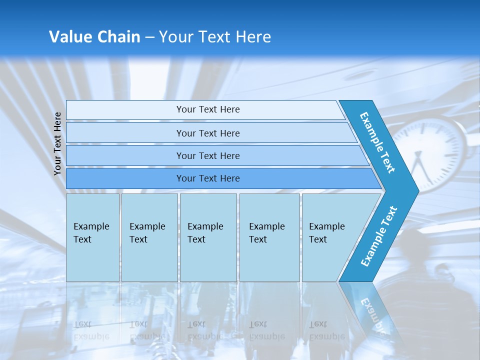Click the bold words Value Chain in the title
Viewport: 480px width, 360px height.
(x=94, y=37)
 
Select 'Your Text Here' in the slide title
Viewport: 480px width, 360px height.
(x=215, y=37)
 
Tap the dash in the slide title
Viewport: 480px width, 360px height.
(x=149, y=37)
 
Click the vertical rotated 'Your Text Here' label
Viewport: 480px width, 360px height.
(x=57, y=143)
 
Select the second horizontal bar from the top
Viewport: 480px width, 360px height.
(x=207, y=133)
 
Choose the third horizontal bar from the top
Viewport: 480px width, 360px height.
(x=207, y=155)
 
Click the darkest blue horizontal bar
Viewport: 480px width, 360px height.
(x=207, y=178)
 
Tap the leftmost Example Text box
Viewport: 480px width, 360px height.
(x=92, y=237)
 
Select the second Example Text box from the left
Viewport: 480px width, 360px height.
(x=149, y=237)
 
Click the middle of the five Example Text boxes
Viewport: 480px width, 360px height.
(x=208, y=237)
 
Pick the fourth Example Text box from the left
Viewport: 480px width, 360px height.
(x=269, y=237)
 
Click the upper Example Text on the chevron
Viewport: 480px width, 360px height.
(x=378, y=142)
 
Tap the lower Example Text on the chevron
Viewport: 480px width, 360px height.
(x=379, y=236)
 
